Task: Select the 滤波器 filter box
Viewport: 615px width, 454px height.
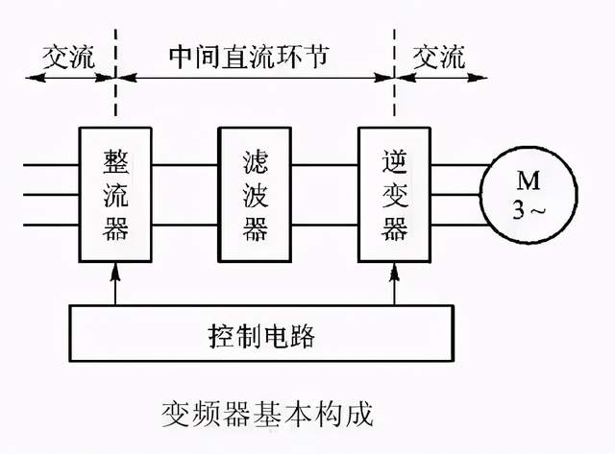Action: pos(254,193)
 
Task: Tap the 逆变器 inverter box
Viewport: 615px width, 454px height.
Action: pos(394,193)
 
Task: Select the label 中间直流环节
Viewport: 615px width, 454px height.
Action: pos(255,56)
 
